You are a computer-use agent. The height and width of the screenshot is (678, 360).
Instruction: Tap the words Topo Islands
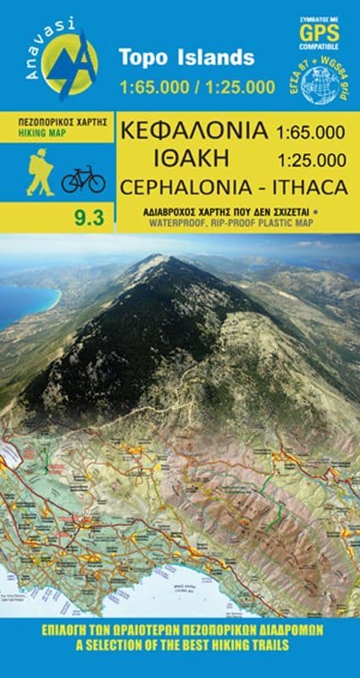pos(186,58)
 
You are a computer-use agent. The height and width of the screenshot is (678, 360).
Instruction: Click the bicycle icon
pos(83,179)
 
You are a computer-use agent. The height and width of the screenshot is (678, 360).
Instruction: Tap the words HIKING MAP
pos(42,134)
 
